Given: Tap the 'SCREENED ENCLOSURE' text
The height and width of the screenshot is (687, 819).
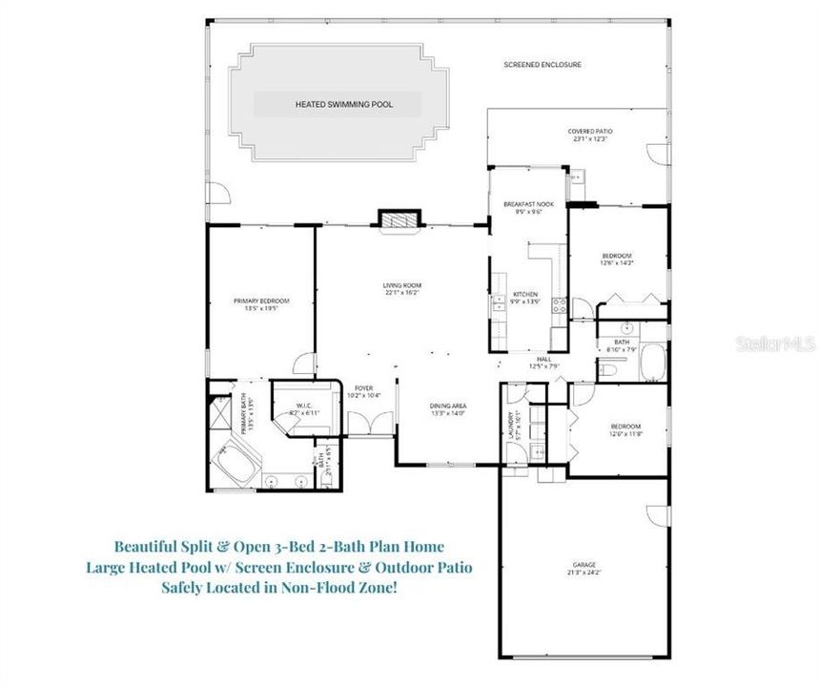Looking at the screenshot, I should tap(543, 65).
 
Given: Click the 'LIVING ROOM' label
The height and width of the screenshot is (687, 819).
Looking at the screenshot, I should tap(401, 285).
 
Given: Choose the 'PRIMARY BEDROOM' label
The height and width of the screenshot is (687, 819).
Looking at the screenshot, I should tap(261, 301).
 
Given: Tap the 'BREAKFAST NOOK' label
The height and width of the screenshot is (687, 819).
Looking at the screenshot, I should tap(528, 204).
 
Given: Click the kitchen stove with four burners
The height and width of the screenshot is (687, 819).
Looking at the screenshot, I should tap(560, 306).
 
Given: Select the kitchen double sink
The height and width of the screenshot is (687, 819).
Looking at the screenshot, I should tap(498, 306).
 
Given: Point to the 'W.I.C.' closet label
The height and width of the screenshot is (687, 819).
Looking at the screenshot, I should tap(304, 406).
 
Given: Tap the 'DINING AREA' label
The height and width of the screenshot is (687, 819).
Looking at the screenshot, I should tap(447, 406).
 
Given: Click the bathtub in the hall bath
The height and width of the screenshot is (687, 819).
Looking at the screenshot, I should tap(653, 363).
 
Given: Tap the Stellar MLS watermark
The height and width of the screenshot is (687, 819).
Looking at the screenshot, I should tap(773, 341).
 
